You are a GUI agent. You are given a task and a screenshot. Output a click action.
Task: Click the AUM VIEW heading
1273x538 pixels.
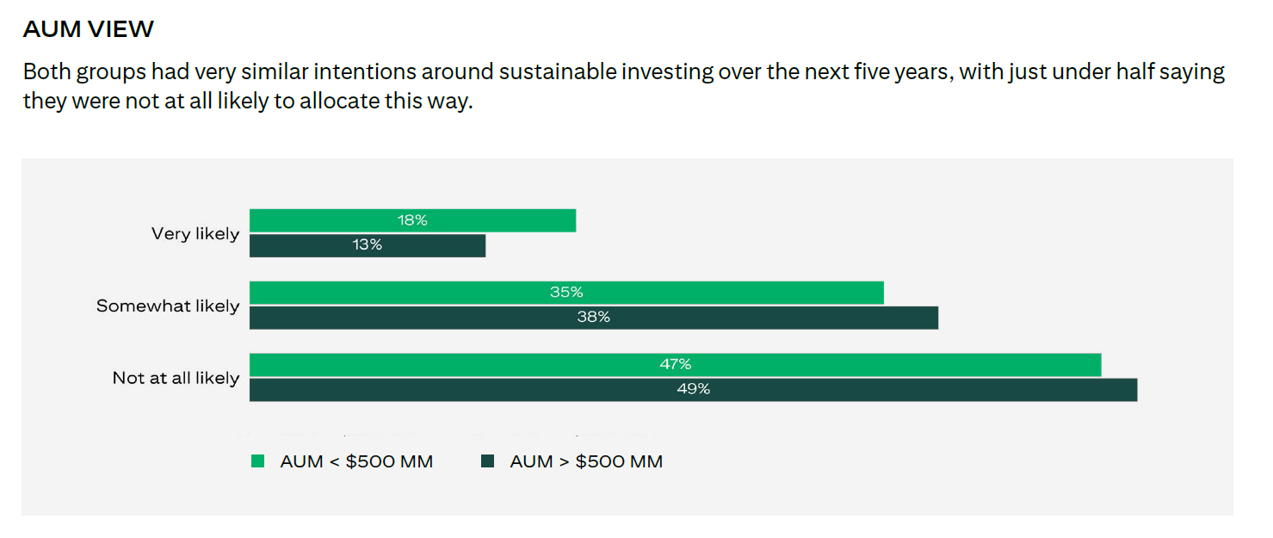click(88, 29)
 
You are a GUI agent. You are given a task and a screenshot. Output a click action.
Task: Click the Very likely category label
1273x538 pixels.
click(195, 233)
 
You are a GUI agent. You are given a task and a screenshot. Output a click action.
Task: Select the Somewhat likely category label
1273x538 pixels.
click(168, 306)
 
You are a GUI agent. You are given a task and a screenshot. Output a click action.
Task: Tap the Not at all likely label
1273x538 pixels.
click(176, 378)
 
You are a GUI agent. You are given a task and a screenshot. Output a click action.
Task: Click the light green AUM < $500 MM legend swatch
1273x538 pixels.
click(257, 461)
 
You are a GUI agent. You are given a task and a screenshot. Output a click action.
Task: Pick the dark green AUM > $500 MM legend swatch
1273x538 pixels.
click(488, 461)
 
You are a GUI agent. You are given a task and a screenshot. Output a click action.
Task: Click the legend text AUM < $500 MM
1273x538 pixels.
click(356, 461)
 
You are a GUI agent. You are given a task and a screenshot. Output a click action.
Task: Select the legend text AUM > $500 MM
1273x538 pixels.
click(586, 461)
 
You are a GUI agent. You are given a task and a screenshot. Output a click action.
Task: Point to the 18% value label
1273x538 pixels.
click(412, 220)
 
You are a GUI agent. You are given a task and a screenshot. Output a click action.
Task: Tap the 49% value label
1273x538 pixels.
click(694, 389)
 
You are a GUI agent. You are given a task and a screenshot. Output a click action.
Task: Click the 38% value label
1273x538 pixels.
click(593, 317)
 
